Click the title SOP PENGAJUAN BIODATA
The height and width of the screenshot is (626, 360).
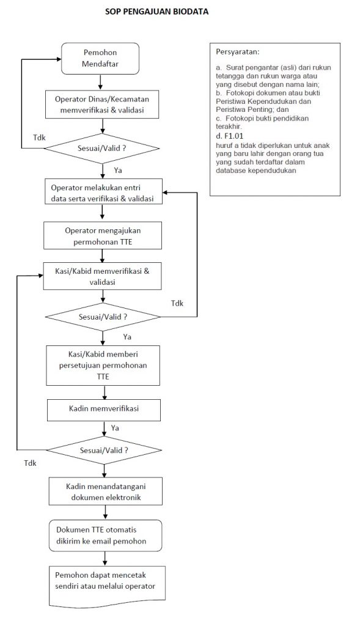click(x=157, y=12)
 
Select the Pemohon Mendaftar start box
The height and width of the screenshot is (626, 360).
click(x=100, y=58)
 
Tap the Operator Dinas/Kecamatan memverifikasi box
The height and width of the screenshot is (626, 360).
click(x=102, y=105)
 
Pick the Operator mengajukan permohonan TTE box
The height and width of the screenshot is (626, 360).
click(x=103, y=235)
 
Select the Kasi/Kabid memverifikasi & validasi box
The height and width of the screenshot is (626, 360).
click(x=102, y=276)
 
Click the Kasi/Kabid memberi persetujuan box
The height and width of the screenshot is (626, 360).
click(x=103, y=366)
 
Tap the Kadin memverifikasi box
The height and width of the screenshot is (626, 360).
click(x=104, y=410)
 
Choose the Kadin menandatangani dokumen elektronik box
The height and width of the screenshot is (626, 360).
click(x=105, y=492)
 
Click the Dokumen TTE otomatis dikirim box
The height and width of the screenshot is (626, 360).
click(x=105, y=536)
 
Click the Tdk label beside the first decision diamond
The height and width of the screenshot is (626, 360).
click(x=39, y=138)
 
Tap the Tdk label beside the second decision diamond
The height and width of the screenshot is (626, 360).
click(x=177, y=303)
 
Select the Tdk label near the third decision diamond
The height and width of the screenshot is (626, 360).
click(x=30, y=463)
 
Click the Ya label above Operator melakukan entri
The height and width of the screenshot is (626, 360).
click(x=118, y=171)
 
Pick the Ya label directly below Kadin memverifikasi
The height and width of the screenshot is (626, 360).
click(x=115, y=428)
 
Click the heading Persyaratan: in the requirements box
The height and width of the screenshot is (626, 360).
click(x=238, y=52)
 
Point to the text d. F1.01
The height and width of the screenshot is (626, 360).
click(x=229, y=136)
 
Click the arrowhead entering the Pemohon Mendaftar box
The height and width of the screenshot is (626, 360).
click(x=59, y=59)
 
